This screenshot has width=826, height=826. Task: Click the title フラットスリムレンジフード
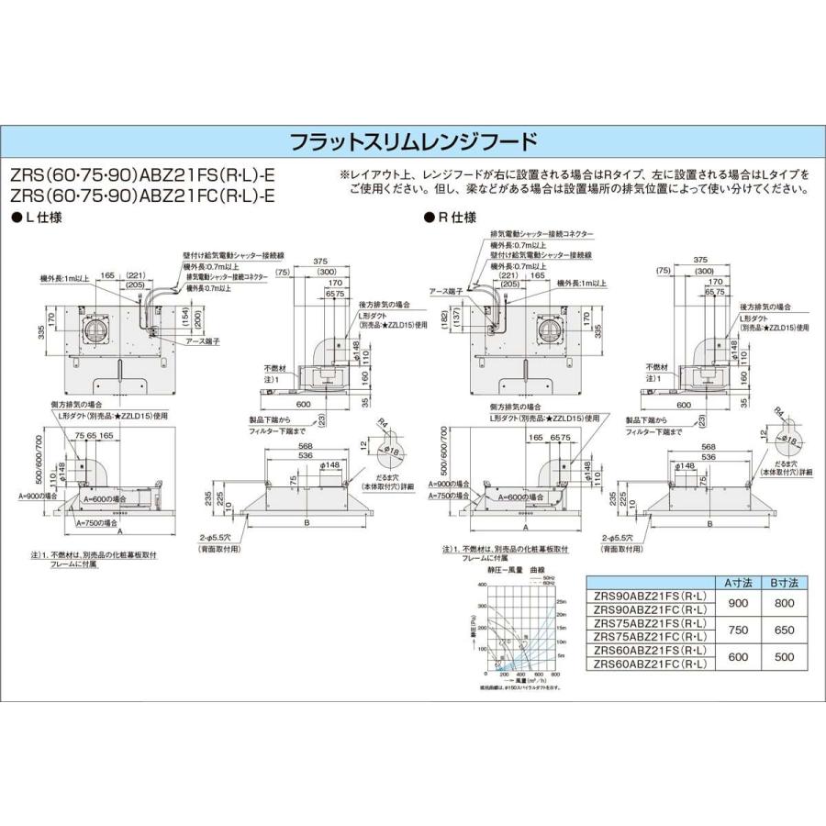413,142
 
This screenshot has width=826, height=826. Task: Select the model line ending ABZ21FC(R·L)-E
143,195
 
